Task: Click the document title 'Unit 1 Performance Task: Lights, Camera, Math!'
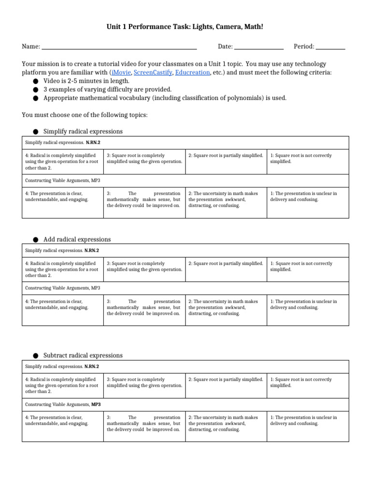tap(185, 28)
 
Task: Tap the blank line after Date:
tap(259, 47)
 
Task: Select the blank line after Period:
tap(331, 47)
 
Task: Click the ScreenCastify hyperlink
tap(153, 73)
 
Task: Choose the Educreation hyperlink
tap(193, 73)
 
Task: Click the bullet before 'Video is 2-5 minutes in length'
tap(36, 81)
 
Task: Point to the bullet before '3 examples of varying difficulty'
tap(36, 90)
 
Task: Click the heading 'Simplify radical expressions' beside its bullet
tap(83, 131)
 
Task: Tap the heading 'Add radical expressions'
tap(77, 239)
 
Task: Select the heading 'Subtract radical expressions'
tap(83, 355)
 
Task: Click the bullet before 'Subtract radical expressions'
tap(36, 356)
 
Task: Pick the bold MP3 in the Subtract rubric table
tap(96, 404)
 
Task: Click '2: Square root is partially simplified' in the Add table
tap(226, 263)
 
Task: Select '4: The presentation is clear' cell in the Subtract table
tap(57, 420)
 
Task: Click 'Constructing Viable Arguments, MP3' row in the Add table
tap(63, 288)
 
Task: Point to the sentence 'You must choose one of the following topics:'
tap(85, 115)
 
